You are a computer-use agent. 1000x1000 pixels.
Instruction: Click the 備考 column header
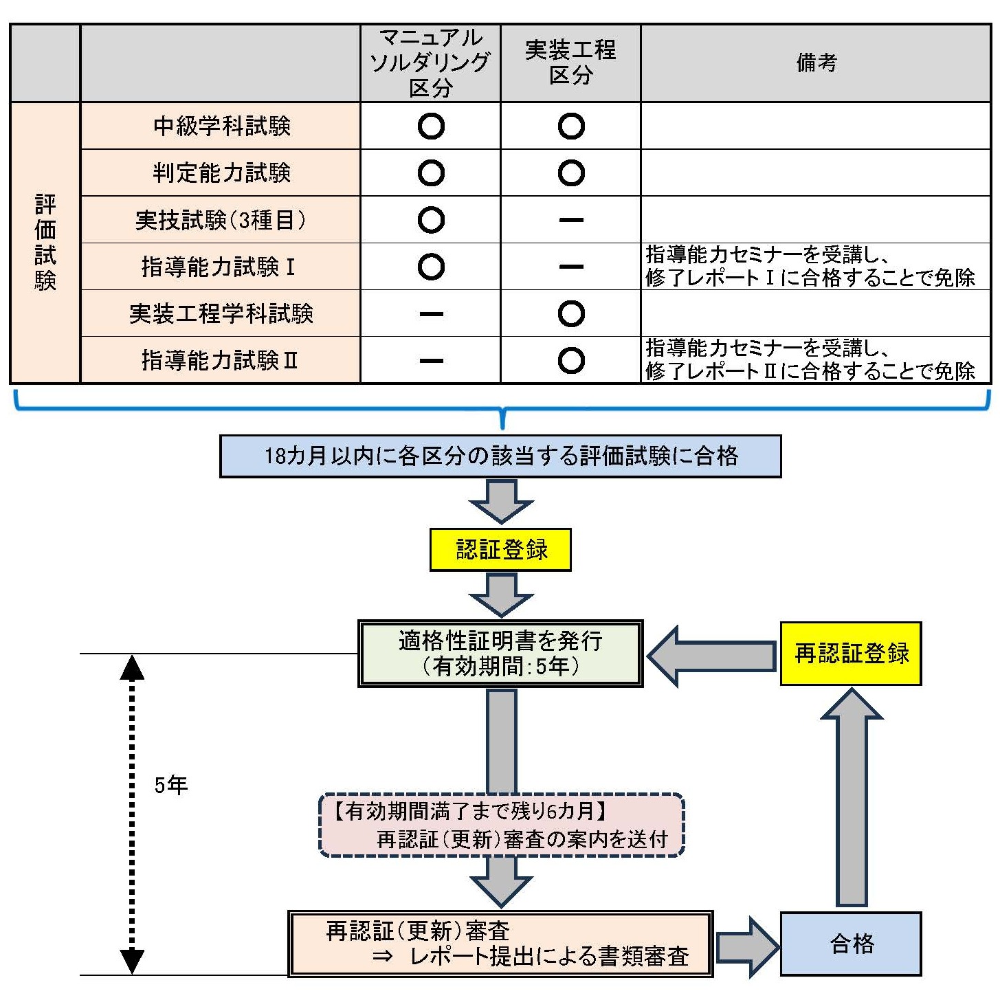coord(816,63)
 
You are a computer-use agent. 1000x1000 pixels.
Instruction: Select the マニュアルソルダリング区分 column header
coord(430,63)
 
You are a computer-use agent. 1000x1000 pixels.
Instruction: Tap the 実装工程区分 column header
coord(570,63)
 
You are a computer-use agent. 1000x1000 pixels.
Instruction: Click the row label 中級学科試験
coord(221,126)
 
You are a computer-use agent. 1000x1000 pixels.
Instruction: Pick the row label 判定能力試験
coord(221,173)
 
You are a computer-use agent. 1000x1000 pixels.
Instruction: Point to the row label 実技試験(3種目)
coord(221,220)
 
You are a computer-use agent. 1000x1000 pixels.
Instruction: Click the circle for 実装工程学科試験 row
coord(571,314)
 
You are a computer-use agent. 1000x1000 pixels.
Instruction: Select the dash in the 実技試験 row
coord(571,221)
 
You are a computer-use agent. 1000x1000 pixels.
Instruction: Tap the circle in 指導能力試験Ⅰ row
coord(431,267)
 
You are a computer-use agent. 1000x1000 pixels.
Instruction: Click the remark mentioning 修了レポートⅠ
coord(810,267)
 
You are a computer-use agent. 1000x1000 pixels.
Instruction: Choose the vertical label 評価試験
coord(45,243)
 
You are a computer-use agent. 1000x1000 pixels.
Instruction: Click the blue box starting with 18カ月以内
coord(500,456)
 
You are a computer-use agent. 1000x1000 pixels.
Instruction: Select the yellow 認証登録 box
coord(500,550)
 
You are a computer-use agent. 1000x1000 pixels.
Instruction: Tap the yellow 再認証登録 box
coord(851,654)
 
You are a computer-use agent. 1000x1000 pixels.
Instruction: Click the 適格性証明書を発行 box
coord(500,654)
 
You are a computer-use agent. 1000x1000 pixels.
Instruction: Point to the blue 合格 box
coord(851,944)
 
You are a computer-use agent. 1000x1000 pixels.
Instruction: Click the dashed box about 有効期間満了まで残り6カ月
coord(502,825)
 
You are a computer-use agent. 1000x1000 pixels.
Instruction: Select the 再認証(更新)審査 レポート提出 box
coord(500,944)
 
